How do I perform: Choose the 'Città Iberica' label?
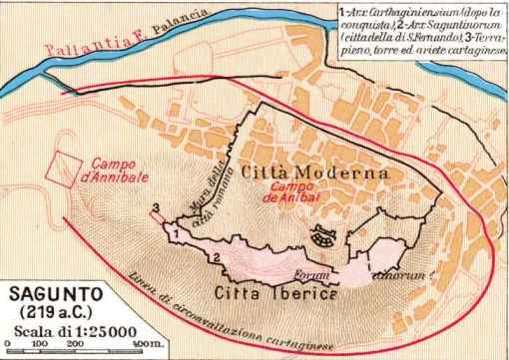click(x=276, y=293)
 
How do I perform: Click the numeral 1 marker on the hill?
click(x=175, y=231)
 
